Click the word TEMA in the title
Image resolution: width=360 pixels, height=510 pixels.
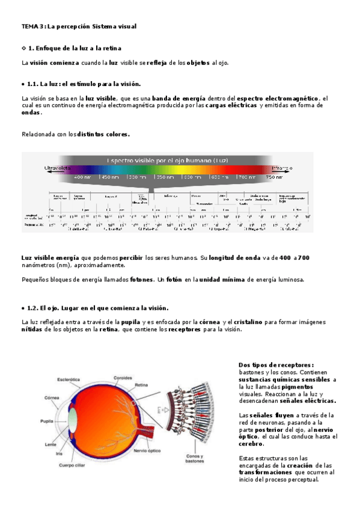(28, 26)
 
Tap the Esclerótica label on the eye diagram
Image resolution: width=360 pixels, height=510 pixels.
(69, 379)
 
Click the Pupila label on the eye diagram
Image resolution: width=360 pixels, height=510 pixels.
(50, 422)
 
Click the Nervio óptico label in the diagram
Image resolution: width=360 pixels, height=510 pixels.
(149, 450)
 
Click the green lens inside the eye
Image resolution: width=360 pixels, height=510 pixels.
(73, 417)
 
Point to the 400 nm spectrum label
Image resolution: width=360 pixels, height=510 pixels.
(82, 177)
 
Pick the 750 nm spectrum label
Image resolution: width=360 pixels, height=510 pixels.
(274, 177)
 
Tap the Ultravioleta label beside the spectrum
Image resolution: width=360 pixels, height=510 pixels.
(58, 168)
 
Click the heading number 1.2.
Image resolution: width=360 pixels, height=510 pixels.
(32, 307)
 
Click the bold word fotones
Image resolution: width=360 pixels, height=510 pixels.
(141, 279)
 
